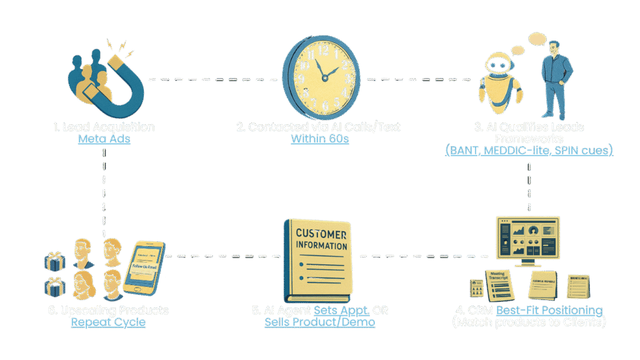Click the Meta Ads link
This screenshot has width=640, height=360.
(x=104, y=139)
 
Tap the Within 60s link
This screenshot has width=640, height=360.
(x=319, y=139)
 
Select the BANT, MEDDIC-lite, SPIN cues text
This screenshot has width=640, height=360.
(x=529, y=151)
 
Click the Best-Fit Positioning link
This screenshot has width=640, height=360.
(x=549, y=311)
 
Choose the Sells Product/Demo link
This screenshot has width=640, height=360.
(x=319, y=322)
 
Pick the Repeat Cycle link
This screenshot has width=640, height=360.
(x=108, y=322)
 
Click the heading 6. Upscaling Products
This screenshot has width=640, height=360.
(x=108, y=311)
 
